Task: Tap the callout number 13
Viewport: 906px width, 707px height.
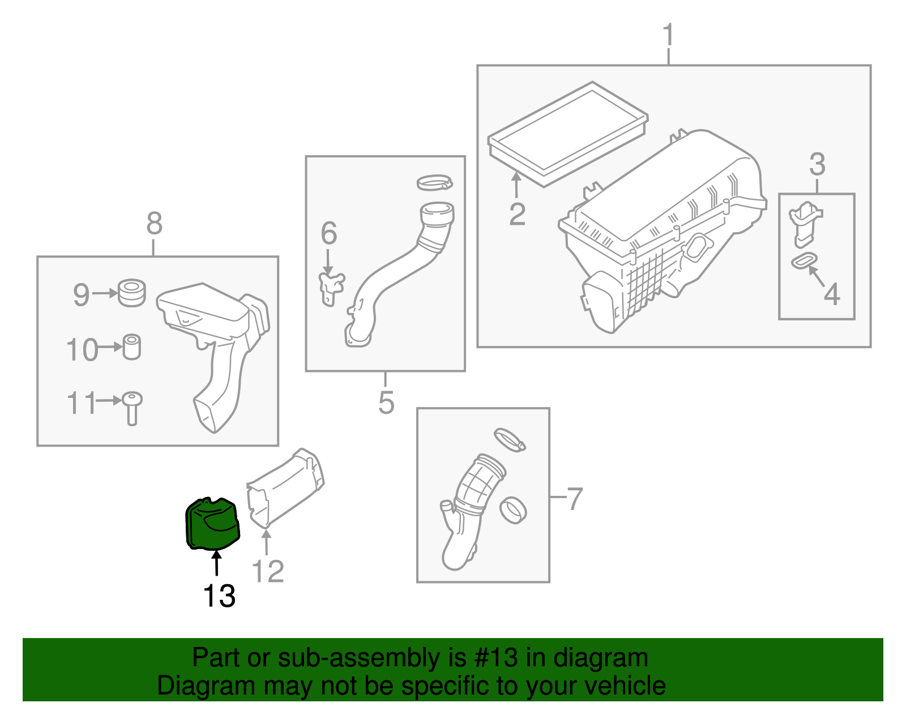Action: (x=219, y=596)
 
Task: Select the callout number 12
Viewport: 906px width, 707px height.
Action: (x=267, y=571)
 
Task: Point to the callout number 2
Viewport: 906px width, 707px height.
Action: (x=517, y=214)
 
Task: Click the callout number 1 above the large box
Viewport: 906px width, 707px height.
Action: (x=669, y=35)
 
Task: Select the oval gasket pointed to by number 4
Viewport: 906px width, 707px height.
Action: (x=804, y=260)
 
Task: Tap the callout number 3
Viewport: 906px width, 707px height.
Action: (x=817, y=164)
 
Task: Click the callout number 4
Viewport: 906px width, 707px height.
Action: (x=831, y=294)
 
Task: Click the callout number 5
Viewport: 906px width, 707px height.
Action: (x=386, y=402)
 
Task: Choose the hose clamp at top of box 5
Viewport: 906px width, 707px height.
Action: (x=434, y=182)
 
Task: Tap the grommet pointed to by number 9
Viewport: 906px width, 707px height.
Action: (x=132, y=292)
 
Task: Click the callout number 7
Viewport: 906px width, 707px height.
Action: (x=574, y=499)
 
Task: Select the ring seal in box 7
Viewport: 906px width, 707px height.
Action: (x=514, y=509)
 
